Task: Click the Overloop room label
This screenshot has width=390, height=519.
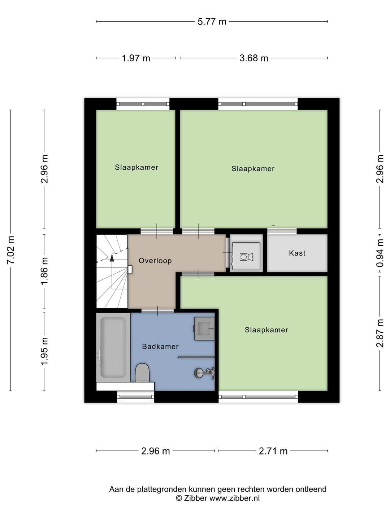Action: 155,261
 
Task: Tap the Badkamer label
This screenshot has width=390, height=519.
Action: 160,346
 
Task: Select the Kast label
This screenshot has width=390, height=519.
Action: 297,253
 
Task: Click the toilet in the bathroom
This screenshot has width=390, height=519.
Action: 142,373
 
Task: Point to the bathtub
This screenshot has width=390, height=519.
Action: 113,347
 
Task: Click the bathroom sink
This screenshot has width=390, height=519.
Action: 204,328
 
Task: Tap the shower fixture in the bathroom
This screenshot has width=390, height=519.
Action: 204,373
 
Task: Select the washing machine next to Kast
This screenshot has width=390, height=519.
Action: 246,256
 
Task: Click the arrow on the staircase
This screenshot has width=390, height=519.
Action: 112,257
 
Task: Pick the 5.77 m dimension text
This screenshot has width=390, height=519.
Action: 212,22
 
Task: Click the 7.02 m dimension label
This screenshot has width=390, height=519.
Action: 11,250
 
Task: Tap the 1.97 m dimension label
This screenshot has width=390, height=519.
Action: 136,58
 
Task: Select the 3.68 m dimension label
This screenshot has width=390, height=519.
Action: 254,58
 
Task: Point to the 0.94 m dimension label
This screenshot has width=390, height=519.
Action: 380,253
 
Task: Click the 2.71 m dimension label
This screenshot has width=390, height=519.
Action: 273,451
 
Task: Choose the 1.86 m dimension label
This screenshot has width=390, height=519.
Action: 44,271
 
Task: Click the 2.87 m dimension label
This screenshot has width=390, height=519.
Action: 380,333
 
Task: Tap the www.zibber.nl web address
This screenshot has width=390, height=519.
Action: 234,498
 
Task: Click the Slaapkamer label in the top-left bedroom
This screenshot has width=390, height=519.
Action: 136,167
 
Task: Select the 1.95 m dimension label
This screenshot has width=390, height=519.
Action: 44,351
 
